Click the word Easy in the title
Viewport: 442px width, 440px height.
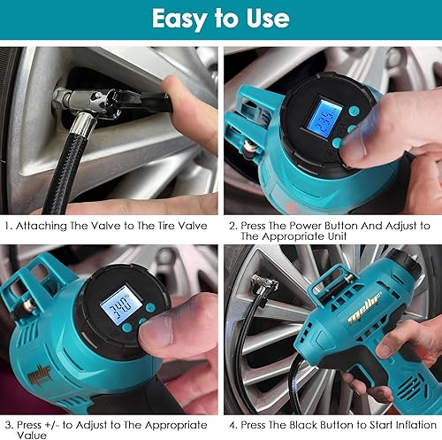(179, 19)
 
